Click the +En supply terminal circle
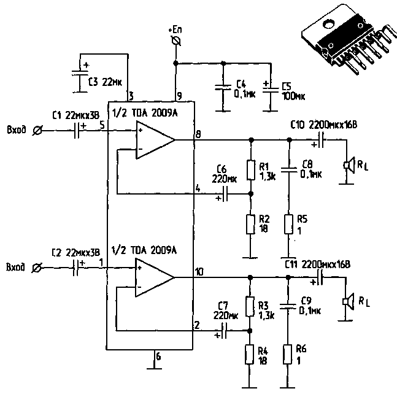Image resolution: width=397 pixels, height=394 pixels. click(176, 41)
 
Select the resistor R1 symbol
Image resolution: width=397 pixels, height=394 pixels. click(250, 170)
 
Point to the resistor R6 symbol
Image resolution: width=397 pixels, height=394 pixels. click(288, 354)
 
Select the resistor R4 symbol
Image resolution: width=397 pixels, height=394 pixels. click(250, 354)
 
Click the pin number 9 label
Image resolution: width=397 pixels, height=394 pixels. click(179, 96)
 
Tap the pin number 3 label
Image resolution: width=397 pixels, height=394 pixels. click(130, 96)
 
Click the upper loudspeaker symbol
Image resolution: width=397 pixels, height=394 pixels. click(348, 164)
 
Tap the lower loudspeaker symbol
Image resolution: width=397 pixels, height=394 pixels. click(348, 301)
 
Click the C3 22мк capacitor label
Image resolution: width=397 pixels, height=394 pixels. click(106, 81)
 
